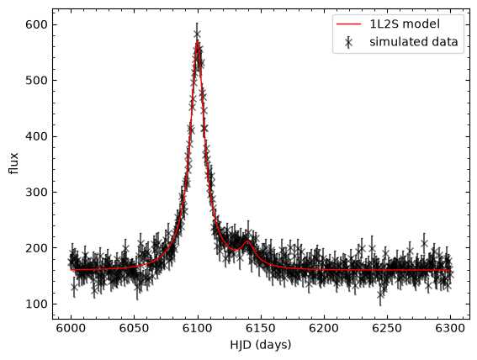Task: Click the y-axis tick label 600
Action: coord(35,24)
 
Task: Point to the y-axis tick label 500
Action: coord(35,81)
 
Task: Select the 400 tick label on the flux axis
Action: coord(35,136)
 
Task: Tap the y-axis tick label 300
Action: coord(35,192)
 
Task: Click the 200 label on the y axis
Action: coord(35,248)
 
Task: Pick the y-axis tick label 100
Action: coord(35,304)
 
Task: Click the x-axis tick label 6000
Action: coord(71,329)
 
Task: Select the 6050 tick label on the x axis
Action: coord(134,329)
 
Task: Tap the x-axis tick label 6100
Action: coord(198,329)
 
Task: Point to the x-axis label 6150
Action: coord(261,329)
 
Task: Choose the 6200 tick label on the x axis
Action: coord(324,329)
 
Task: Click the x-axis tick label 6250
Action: coord(387,329)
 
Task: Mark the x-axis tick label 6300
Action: coord(451,329)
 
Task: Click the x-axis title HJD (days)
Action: coord(261,346)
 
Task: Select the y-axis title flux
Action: coord(13,163)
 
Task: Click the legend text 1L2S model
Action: coord(405,24)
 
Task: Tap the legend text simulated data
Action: coord(414,42)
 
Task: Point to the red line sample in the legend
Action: coord(348,24)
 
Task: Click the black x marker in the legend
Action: coord(348,42)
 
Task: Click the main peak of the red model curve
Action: coord(198,41)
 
